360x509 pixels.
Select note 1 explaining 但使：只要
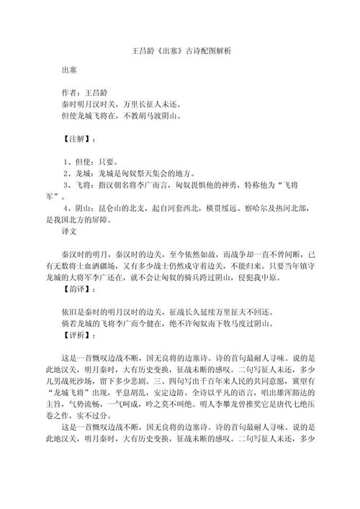coord(91,161)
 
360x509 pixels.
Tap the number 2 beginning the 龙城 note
coord(66,174)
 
